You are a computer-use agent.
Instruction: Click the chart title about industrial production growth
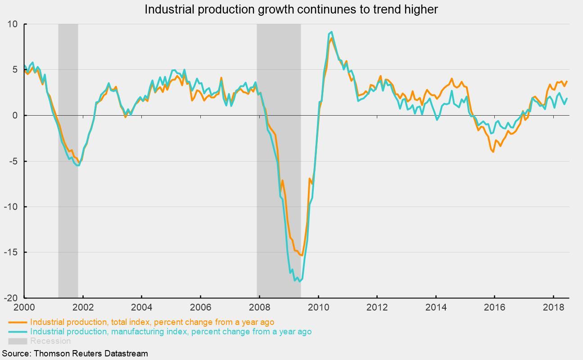pyautogui.click(x=291, y=9)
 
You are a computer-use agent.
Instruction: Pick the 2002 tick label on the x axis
pyautogui.click(x=83, y=307)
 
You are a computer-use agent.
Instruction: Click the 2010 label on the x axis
pyautogui.click(x=318, y=307)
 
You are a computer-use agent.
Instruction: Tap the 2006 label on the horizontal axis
pyautogui.click(x=200, y=307)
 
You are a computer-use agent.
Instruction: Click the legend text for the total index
pyautogui.click(x=152, y=322)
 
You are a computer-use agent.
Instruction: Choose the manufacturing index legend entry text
pyautogui.click(x=171, y=332)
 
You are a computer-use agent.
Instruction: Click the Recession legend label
pyautogui.click(x=50, y=341)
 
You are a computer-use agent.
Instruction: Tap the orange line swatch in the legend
pyautogui.click(x=18, y=323)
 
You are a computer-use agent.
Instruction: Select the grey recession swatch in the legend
pyautogui.click(x=18, y=341)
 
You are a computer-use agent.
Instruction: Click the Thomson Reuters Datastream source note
pyautogui.click(x=75, y=353)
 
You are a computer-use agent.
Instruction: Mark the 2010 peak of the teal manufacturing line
pyautogui.click(x=332, y=32)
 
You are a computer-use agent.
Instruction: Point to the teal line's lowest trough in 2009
pyautogui.click(x=299, y=282)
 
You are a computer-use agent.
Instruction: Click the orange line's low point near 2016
pyautogui.click(x=493, y=152)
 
